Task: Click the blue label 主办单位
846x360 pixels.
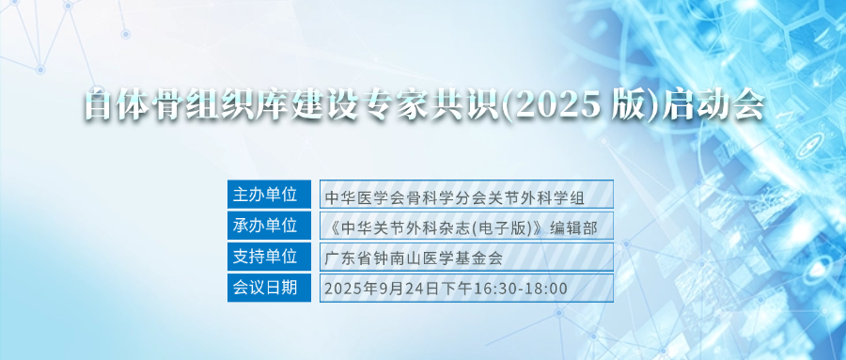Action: (269, 195)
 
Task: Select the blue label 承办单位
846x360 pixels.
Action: (269, 226)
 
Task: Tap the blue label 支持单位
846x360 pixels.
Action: (269, 257)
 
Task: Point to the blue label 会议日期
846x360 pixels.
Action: (269, 288)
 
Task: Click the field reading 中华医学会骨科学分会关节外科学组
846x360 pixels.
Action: (466, 195)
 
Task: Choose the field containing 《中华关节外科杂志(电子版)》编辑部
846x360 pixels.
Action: (466, 226)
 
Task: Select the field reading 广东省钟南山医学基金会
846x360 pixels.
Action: (466, 257)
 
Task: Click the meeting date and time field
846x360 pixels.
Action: (466, 288)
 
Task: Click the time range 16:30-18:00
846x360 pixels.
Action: (520, 289)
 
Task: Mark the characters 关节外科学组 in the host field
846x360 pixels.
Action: (540, 198)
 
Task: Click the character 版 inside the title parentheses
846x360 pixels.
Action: (629, 104)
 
